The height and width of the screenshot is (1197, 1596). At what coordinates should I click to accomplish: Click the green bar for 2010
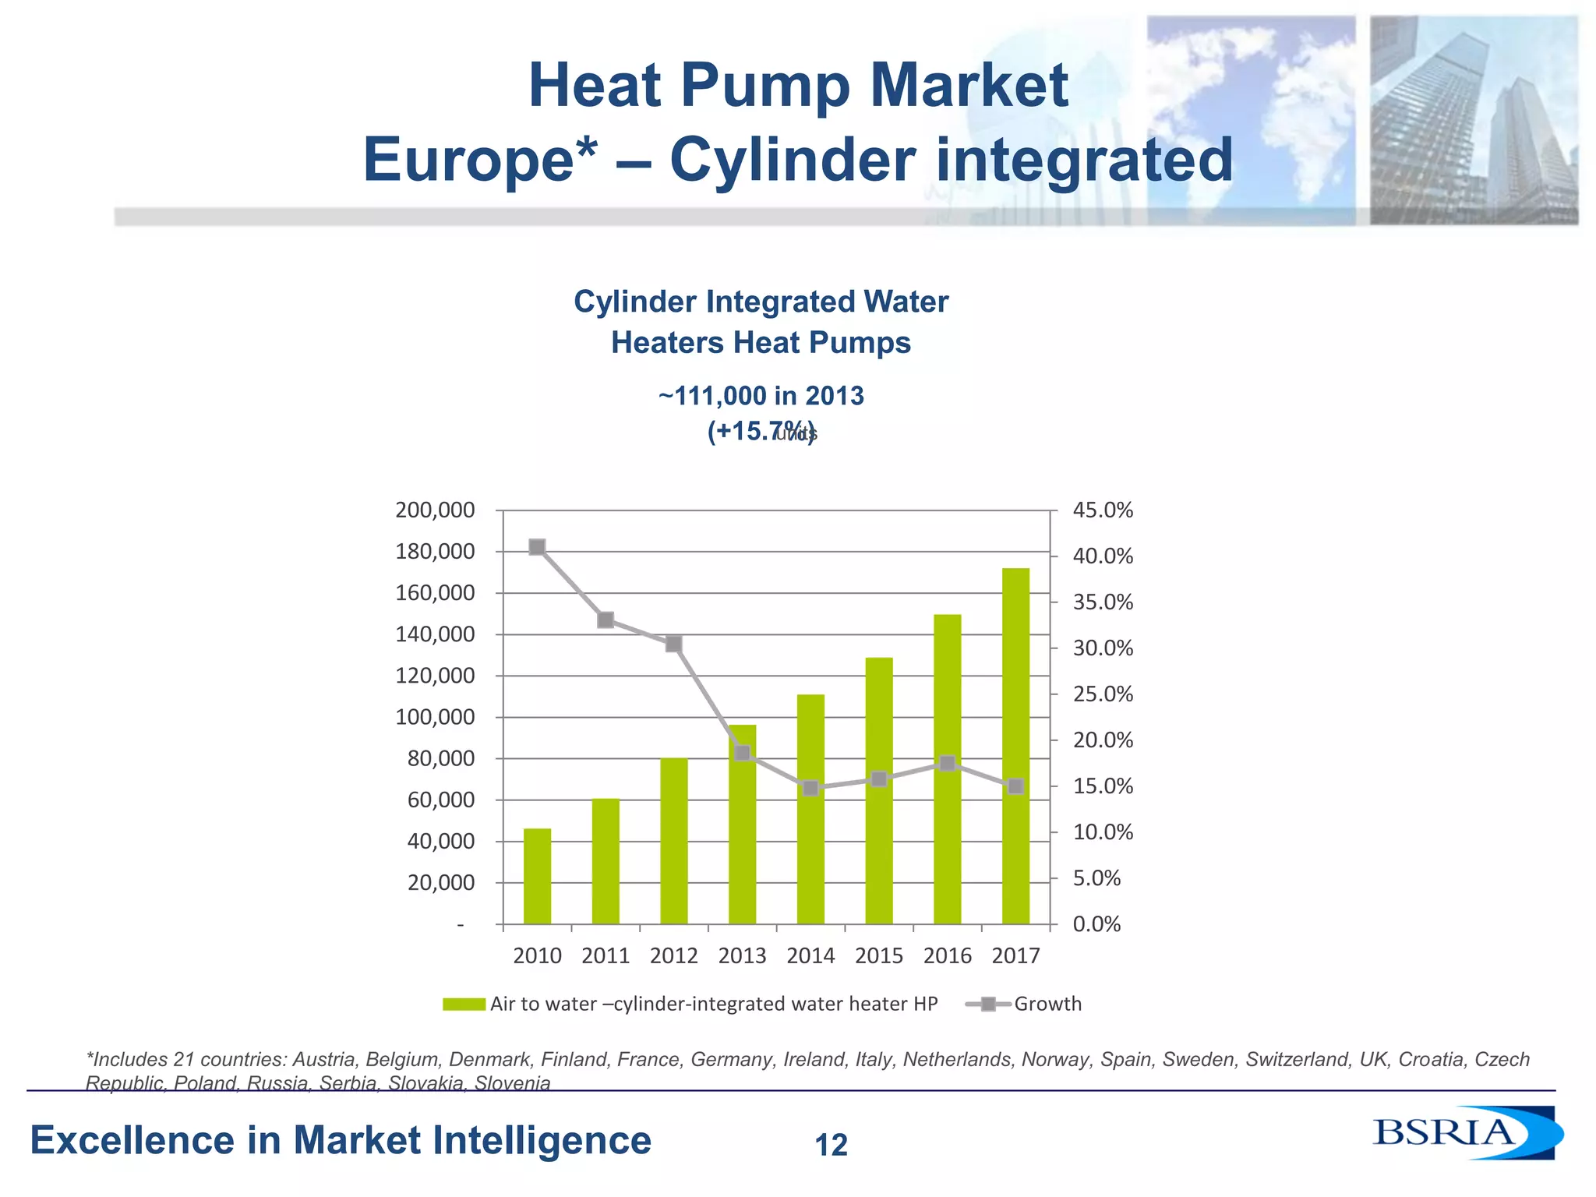coord(537,876)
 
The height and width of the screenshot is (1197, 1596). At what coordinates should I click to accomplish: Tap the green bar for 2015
coord(879,790)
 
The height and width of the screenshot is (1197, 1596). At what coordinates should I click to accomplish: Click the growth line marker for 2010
coord(537,547)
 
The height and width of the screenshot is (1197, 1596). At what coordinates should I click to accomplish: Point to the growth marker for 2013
coord(742,753)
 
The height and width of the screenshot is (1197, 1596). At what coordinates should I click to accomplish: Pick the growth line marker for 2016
coord(947,763)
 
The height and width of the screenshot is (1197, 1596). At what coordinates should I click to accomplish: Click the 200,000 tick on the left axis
coord(435,510)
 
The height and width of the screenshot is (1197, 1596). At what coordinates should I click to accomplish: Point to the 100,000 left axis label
coord(435,717)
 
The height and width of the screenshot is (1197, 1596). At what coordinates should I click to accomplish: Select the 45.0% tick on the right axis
coord(1103,510)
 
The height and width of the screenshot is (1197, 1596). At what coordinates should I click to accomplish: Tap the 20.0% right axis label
coord(1103,740)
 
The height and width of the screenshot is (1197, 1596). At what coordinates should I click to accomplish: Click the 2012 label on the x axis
coord(674,956)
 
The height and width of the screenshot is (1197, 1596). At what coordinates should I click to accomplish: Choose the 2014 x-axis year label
coord(810,956)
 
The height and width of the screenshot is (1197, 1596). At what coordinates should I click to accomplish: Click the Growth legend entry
coord(1047,1004)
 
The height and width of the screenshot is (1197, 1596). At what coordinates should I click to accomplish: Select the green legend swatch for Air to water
coord(464,1005)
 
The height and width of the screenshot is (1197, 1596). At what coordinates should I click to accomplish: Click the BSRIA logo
coord(1465,1132)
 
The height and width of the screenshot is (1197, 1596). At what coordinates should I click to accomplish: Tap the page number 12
coord(832,1146)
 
